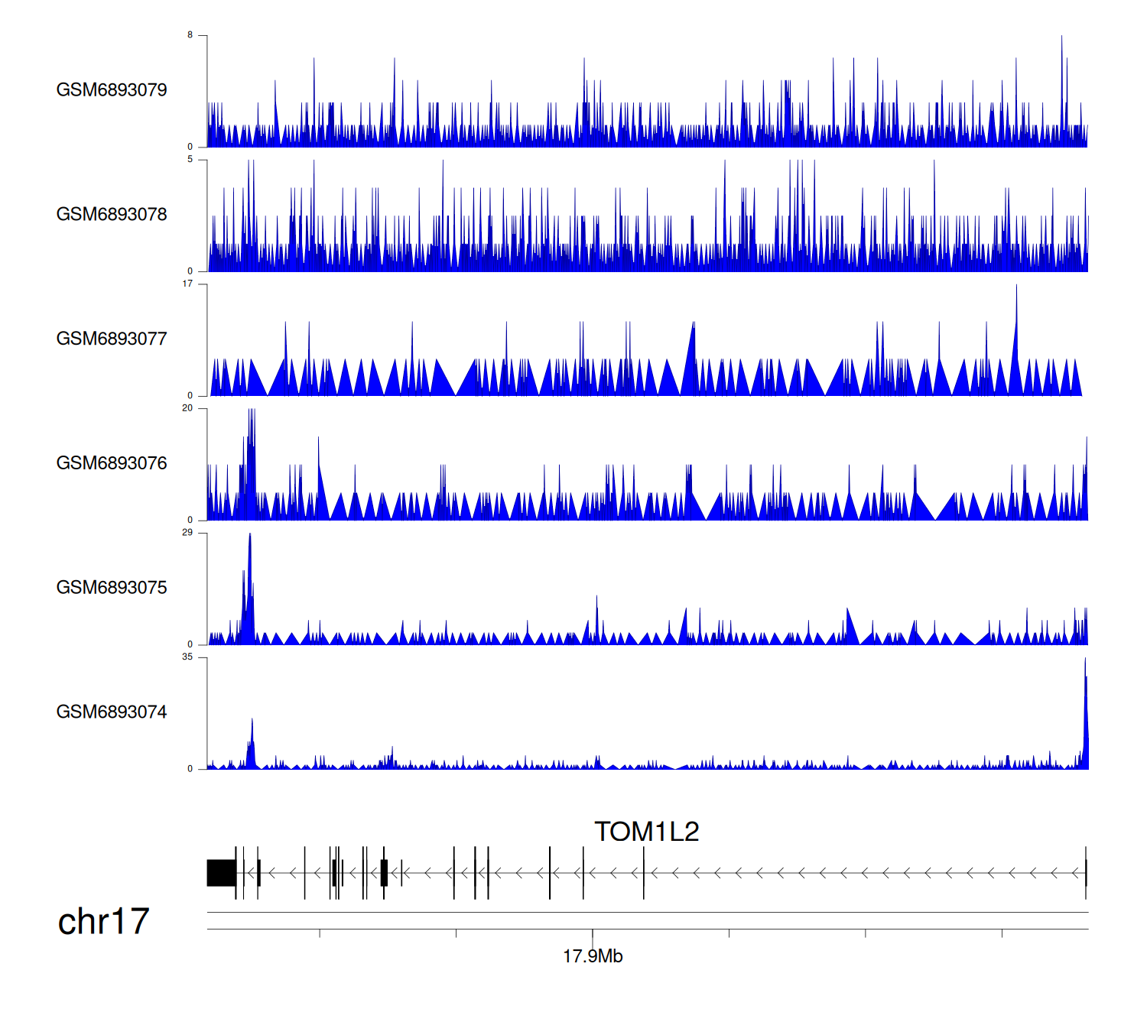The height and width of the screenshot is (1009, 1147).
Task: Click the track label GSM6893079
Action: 112,90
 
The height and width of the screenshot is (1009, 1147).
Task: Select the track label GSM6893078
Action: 112,215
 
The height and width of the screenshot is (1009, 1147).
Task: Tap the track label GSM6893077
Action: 112,339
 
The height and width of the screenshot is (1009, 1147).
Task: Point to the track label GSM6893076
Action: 112,464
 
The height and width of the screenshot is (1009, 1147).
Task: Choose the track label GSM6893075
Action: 112,588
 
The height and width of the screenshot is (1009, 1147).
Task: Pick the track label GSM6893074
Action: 112,712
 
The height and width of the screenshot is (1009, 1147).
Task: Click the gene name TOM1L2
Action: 647,832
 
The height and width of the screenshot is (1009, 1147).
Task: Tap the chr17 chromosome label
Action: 103,922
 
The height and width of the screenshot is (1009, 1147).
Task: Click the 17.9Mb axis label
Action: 593,956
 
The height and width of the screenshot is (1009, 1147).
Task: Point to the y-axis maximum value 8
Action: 190,35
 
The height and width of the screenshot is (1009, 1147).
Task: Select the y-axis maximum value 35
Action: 187,657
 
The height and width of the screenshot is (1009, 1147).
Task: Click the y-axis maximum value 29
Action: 187,533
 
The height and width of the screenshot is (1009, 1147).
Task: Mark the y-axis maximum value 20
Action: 187,408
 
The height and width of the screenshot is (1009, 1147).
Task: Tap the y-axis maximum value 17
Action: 187,284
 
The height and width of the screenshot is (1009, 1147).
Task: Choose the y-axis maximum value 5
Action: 190,160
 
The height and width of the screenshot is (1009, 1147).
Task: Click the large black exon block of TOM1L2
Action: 221,873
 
